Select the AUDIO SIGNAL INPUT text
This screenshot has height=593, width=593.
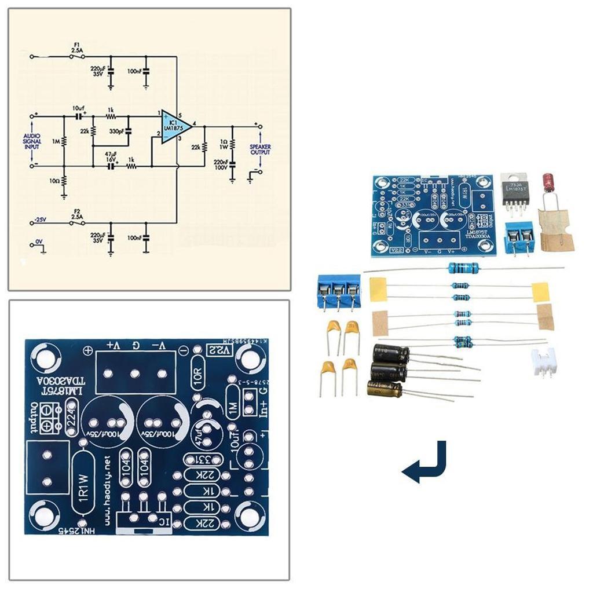[32, 141]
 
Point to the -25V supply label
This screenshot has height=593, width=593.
[39, 220]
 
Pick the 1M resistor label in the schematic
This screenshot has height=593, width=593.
[54, 141]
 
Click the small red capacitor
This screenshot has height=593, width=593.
[549, 182]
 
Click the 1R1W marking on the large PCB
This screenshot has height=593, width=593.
[83, 486]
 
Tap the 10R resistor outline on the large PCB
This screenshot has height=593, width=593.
[198, 378]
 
